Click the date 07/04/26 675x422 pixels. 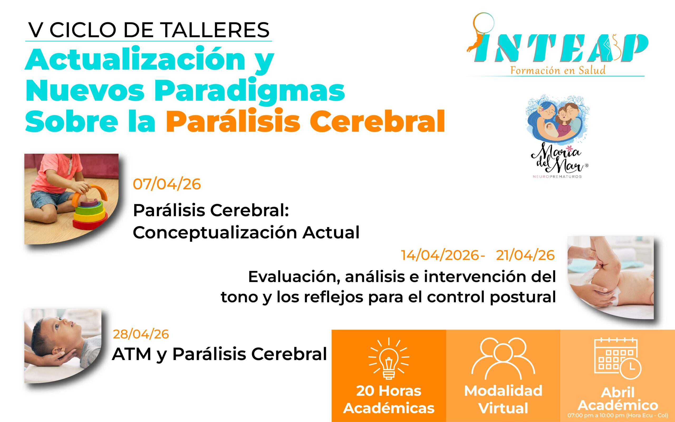pos(167,184)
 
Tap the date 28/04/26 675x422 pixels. pos(141,334)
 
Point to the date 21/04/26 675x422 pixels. pos(525,255)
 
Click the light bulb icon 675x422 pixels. pos(389,358)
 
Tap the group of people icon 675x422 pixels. pos(503,358)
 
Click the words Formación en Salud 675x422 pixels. pos(558,70)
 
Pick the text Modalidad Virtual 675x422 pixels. pos(503,399)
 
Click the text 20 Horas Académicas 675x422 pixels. pos(389,399)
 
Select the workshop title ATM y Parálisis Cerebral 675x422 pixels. pos(219,354)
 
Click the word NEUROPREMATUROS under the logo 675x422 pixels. pos(557,176)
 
